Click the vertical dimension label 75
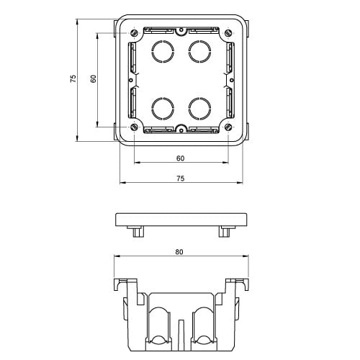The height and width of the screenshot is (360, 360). (73, 78)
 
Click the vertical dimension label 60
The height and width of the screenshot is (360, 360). (94, 78)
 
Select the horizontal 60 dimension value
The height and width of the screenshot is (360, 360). (180, 158)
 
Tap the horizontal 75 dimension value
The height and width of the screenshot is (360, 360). (181, 179)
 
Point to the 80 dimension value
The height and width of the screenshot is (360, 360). (179, 252)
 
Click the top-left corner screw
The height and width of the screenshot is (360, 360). (134, 33)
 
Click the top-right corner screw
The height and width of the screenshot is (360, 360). (228, 33)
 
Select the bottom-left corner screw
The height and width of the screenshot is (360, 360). (134, 127)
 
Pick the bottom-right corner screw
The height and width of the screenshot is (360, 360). (228, 127)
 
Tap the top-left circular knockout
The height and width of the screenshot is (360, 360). (163, 52)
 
